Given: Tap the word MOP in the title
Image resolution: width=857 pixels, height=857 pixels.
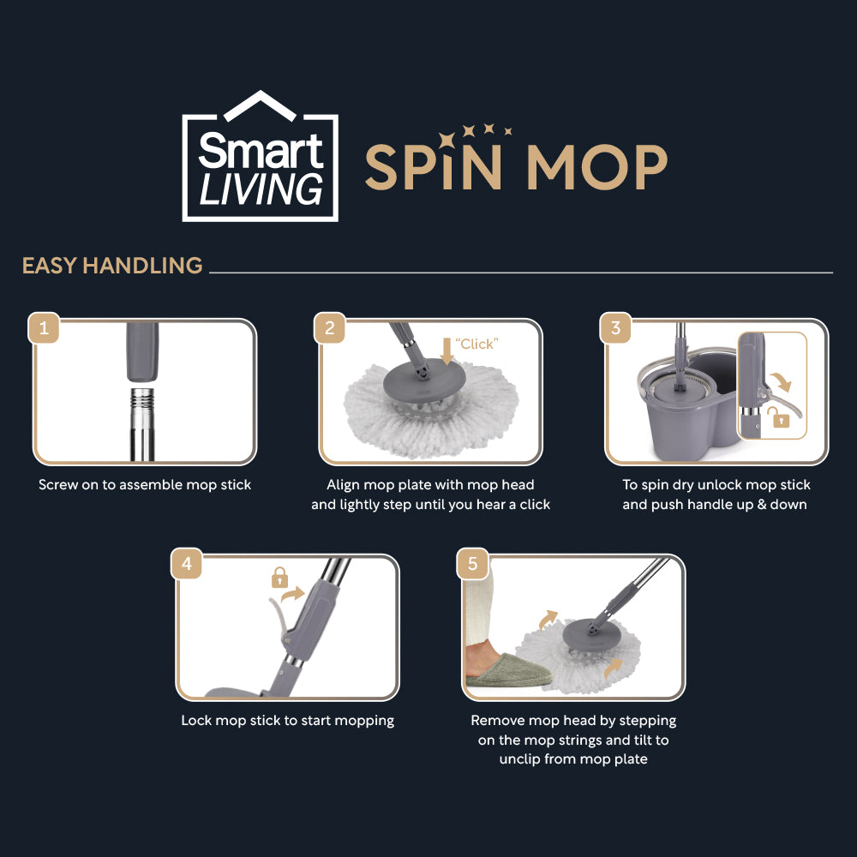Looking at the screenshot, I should (596, 168).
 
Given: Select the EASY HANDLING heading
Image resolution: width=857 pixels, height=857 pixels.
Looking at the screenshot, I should (112, 266).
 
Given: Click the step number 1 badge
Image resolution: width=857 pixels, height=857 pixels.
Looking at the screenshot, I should (44, 328).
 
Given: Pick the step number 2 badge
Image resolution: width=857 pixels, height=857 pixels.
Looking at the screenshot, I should (330, 328).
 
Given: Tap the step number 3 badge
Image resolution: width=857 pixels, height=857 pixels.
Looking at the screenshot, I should (615, 328).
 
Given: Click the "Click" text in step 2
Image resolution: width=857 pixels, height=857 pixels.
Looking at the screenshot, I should (476, 344).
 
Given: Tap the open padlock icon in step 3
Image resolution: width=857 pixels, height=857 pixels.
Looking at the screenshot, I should (778, 418).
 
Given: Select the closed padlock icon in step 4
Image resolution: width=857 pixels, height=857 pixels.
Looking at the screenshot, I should (279, 578).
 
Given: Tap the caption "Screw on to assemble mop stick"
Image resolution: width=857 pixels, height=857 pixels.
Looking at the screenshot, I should (145, 485).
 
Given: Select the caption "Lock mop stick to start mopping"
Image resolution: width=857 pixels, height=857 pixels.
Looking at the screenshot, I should (287, 721).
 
